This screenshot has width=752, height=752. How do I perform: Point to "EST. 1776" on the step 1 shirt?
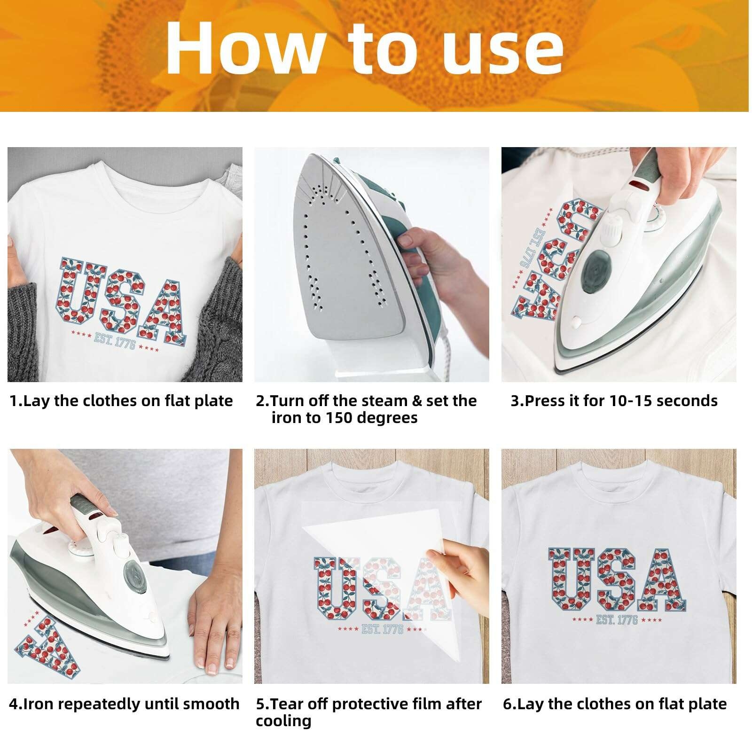coord(115,341)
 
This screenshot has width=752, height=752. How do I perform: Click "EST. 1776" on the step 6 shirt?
coord(617,619)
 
